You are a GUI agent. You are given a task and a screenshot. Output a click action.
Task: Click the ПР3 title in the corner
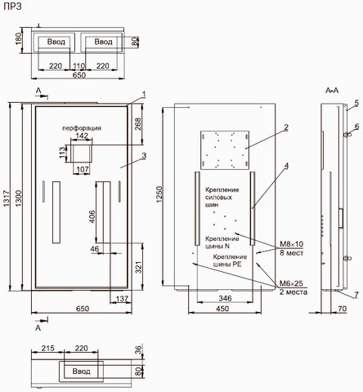12,7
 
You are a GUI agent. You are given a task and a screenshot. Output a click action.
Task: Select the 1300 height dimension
18,198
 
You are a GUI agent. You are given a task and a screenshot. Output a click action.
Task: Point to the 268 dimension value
138,124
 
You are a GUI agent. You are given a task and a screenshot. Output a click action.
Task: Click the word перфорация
82,128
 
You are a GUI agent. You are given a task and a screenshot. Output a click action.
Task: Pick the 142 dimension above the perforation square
82,136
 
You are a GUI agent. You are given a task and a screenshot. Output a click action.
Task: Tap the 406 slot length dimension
92,216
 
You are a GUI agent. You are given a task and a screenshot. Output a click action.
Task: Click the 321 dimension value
139,267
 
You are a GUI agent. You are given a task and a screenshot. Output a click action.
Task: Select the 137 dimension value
122,299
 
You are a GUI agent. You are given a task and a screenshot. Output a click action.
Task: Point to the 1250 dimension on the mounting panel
159,194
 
